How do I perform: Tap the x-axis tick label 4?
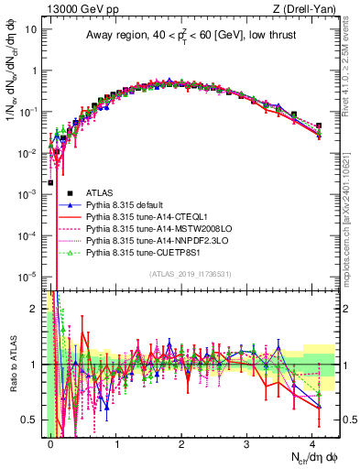coord(312,442)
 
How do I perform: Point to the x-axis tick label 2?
coord(181,442)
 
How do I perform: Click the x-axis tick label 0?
coord(50,442)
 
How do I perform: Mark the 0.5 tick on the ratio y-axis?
coord(32,420)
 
